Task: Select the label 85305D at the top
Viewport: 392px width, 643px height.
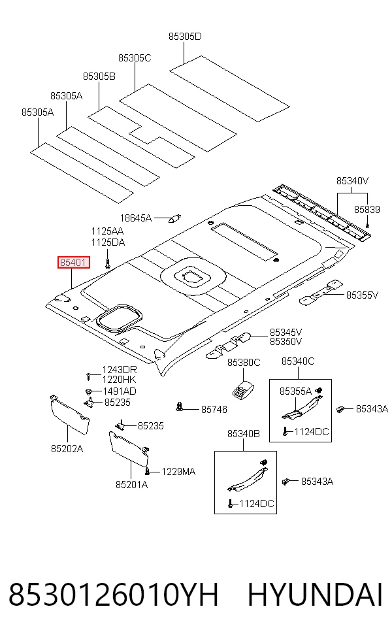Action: pos(185,37)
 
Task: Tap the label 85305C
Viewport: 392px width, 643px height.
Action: pos(135,58)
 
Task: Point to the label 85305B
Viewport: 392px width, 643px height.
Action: pos(99,76)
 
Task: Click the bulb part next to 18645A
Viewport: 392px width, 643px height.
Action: pos(176,218)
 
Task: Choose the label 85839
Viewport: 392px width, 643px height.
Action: pos(367,210)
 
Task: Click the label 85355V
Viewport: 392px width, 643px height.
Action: pos(362,295)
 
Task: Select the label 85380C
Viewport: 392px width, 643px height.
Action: pos(244,363)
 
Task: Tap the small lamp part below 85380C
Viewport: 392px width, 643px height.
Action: pos(243,389)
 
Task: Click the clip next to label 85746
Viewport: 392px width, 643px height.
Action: pos(179,407)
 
